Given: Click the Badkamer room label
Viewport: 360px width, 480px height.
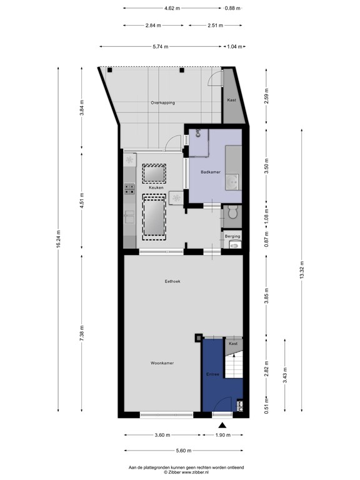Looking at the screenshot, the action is point(211,172).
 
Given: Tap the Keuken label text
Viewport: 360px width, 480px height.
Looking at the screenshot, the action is point(156,187).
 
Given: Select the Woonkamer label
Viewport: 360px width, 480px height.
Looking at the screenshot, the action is point(162,363).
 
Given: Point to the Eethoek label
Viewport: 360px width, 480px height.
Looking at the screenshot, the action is point(172,281).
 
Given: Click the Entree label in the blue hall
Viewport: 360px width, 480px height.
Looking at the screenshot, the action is point(212,374).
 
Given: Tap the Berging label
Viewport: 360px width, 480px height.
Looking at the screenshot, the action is point(232,236).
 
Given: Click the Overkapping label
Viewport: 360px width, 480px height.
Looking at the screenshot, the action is point(163,103).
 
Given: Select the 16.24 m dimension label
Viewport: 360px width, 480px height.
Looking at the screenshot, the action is point(58,240).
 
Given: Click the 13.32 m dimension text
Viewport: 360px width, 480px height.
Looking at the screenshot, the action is point(302,270).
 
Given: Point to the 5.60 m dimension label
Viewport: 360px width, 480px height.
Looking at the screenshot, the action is point(184,450).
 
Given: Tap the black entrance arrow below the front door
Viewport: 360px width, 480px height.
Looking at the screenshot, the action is point(222,425).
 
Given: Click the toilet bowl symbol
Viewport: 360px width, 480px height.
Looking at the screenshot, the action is point(233,212).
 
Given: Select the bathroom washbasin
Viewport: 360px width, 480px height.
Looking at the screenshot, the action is point(233,182).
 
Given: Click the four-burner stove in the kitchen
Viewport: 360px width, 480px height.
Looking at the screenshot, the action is point(129,189).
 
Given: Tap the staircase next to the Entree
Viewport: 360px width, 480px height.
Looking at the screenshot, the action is point(234,364).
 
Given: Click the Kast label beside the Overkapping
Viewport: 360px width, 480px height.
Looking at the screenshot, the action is point(232,100).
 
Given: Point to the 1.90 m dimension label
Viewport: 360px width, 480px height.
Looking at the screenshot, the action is point(223,435).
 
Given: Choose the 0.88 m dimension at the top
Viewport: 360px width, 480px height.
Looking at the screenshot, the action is point(232,8).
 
